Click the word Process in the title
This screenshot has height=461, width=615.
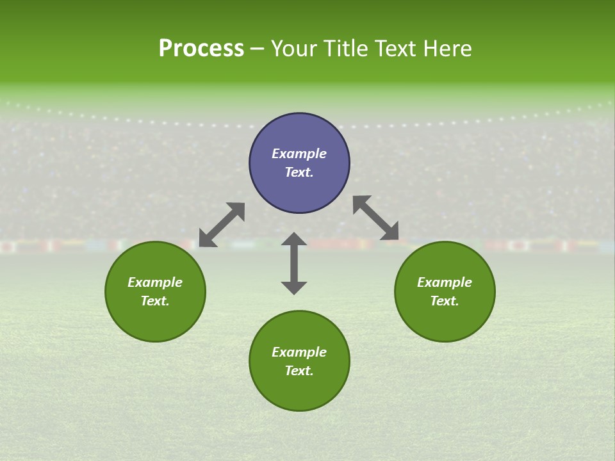[x=201, y=49]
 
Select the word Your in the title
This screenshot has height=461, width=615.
[x=292, y=49]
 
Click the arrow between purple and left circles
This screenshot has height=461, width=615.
[x=222, y=225]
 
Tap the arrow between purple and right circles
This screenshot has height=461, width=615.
[x=376, y=218]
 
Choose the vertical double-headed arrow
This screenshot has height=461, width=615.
[x=294, y=263]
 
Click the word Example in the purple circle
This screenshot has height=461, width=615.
[x=299, y=154]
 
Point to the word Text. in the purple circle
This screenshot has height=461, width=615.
[x=299, y=172]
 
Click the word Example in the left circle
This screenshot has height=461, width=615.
[x=155, y=282]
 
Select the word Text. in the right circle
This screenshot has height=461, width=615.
[x=445, y=301]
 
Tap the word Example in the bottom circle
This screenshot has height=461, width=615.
[x=299, y=352]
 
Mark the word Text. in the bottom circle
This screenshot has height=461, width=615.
[x=299, y=371]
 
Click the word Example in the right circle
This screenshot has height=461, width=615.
[x=445, y=282]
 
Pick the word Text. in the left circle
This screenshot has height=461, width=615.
[x=155, y=301]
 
